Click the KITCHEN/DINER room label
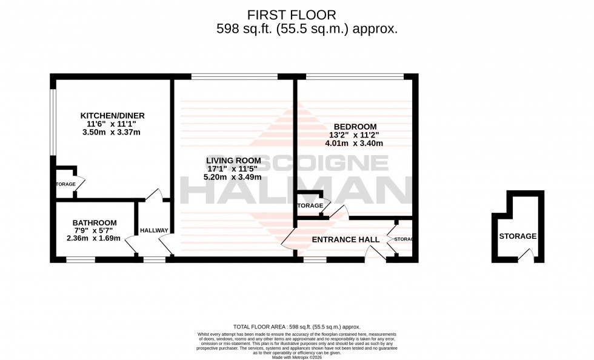[113, 115]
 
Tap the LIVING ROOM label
[233, 160]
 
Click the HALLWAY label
[154, 230]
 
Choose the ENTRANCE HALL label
[345, 239]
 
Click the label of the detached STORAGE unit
[518, 236]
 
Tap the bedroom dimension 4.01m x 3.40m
[355, 144]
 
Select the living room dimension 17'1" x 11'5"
[233, 168]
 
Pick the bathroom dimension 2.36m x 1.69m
[94, 238]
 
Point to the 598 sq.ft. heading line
[307, 29]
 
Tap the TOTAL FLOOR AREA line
[297, 327]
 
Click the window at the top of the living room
[234, 76]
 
